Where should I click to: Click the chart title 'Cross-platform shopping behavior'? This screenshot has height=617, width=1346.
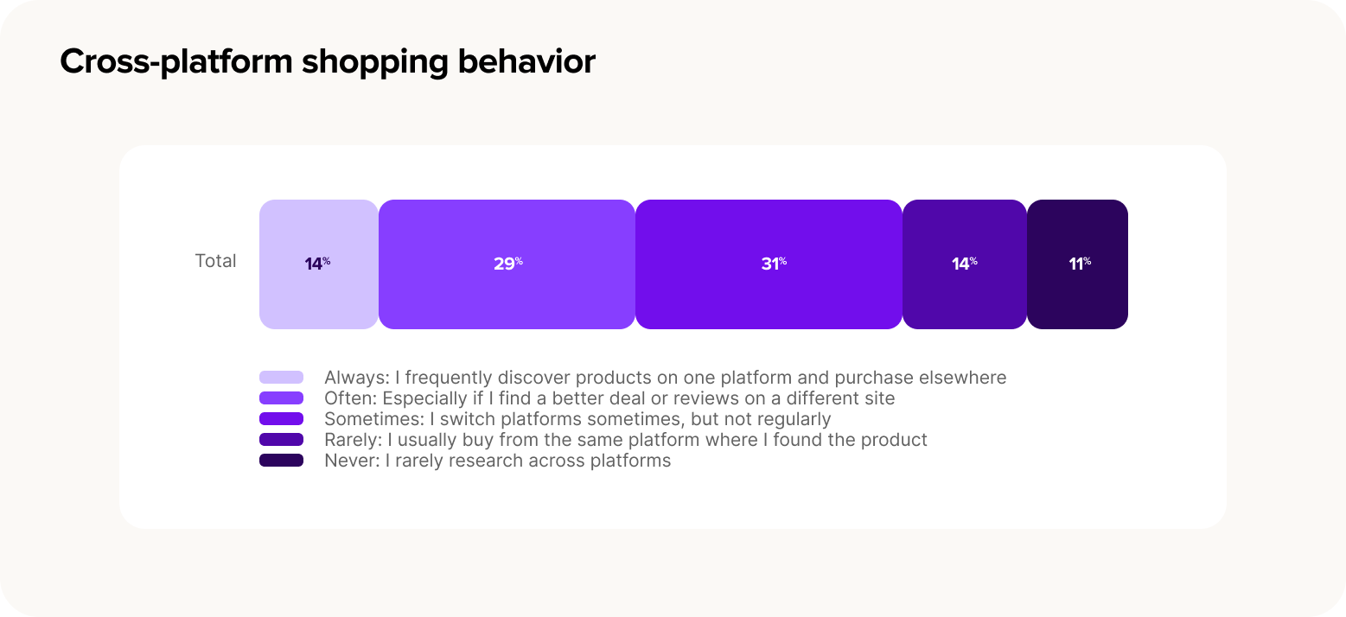(x=328, y=62)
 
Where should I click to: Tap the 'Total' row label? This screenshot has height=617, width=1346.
(x=215, y=261)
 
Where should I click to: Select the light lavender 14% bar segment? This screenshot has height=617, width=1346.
(x=318, y=264)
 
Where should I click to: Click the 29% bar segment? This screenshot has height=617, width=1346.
(x=507, y=264)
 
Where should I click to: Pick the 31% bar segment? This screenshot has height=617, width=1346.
(x=769, y=264)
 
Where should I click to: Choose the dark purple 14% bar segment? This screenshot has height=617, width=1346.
(x=965, y=264)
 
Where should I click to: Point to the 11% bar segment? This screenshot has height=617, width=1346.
(x=1077, y=264)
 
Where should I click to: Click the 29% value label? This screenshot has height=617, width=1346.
(x=508, y=264)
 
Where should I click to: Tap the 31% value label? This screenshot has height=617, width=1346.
(x=774, y=264)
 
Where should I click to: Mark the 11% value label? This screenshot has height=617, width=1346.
(x=1080, y=264)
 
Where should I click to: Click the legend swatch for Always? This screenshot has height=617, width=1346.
(x=281, y=378)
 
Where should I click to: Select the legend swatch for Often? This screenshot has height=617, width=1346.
(x=281, y=398)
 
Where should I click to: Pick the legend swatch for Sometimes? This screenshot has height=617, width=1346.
(x=281, y=419)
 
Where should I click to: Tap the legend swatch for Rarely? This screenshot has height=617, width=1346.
(x=281, y=439)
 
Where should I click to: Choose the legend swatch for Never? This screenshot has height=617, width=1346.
(x=281, y=461)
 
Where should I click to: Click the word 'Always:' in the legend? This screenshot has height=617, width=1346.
(x=357, y=378)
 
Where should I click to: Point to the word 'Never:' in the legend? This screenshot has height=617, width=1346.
(x=352, y=461)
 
